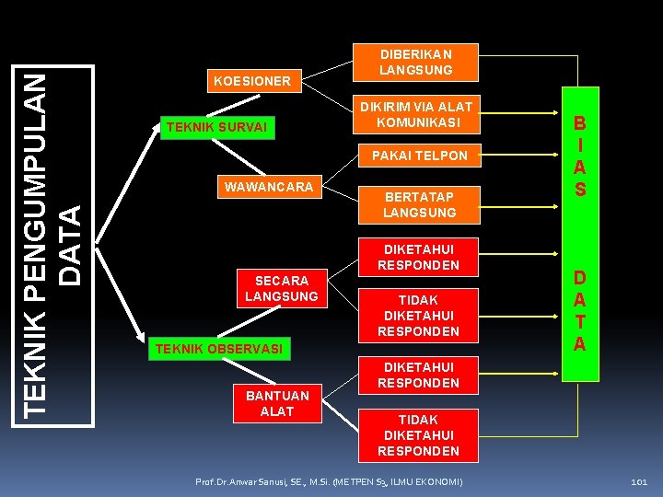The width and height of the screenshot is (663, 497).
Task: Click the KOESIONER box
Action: pos(251,82)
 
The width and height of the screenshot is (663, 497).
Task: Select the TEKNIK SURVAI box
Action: pos(215,127)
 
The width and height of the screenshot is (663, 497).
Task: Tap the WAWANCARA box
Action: pos(268,188)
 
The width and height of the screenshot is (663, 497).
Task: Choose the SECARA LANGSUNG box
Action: pos(281,288)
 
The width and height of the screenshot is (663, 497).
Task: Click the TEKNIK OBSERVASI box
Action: pos(218,349)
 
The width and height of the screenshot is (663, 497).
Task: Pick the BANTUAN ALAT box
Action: pos(277,403)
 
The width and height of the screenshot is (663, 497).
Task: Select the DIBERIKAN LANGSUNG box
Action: pos(419,62)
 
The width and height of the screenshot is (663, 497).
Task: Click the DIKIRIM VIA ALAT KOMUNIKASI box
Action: pos(419,114)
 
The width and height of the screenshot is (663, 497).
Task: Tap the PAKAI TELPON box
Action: pos(419,156)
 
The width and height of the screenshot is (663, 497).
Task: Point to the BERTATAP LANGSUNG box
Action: pos(419,204)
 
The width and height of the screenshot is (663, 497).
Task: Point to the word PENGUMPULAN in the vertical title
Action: pos(37,211)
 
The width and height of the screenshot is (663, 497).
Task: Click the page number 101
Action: pos(638,482)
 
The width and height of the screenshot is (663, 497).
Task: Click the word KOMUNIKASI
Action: pos(419,121)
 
